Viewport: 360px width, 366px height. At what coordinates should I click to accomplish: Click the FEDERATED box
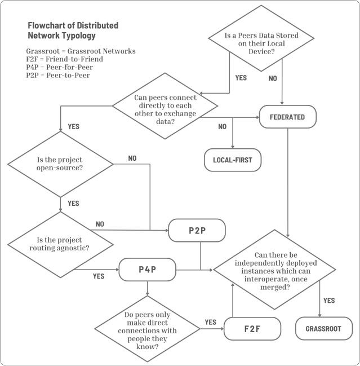coord(287,117)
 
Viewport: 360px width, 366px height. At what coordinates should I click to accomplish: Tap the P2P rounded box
coord(197,231)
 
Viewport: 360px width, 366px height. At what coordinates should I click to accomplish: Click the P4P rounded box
coord(147,269)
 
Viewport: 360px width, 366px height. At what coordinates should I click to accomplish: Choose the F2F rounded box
coord(252,328)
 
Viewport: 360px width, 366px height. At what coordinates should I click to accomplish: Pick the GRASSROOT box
coord(323,328)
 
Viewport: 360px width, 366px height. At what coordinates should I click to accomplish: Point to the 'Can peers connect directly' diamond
coord(165,105)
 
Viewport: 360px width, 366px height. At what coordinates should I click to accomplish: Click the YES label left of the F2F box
coord(211,322)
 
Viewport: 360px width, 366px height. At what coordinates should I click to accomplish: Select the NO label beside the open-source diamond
coord(132,158)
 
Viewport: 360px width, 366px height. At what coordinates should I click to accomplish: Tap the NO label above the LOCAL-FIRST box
coord(222,126)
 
